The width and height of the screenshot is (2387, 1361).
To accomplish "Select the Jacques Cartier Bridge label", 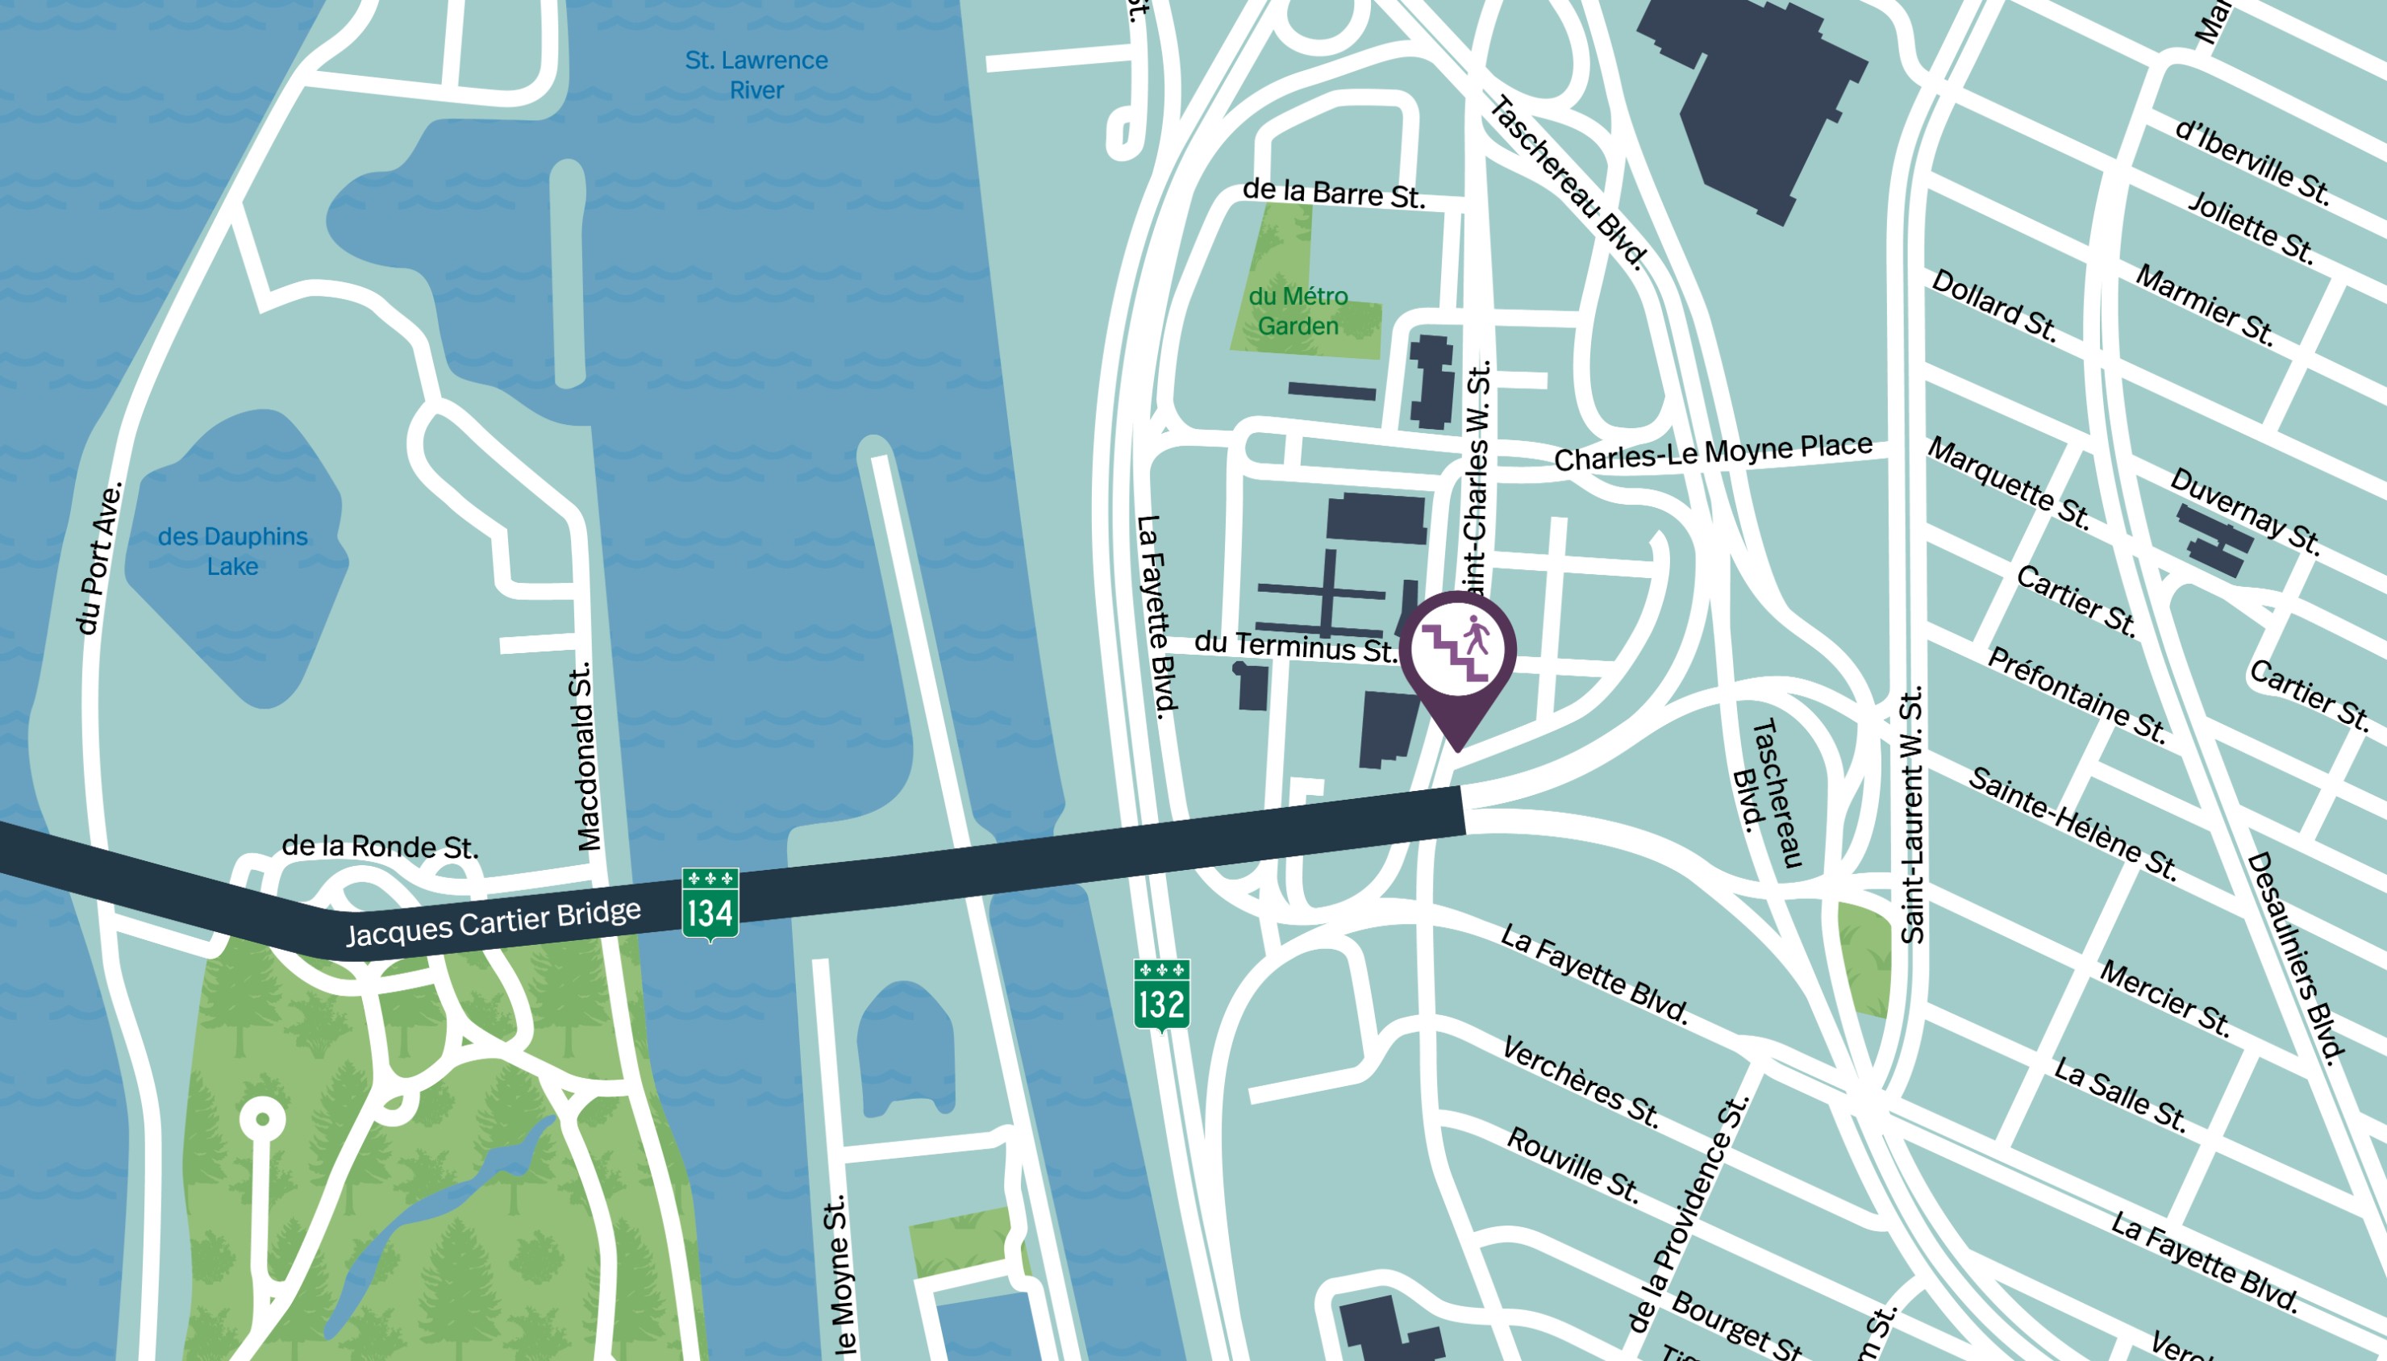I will click(494, 922).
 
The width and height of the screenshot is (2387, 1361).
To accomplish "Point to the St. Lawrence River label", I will click(756, 75).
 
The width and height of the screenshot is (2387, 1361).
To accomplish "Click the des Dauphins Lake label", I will click(233, 551).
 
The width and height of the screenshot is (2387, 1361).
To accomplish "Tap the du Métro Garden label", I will click(1298, 310).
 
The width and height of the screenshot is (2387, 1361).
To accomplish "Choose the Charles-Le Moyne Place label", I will click(1712, 452).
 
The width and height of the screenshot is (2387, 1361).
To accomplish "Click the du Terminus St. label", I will click(1295, 646).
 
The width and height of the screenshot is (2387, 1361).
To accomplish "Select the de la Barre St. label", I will click(1333, 194).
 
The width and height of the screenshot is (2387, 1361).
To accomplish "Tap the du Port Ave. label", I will click(99, 558).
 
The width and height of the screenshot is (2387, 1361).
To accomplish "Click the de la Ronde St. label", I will click(380, 846).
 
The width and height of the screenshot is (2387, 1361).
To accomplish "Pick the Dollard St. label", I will click(1993, 305).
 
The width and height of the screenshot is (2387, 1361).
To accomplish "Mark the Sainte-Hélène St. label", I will click(2072, 822).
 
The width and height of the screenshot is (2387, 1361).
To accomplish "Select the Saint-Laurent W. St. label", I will click(1912, 815).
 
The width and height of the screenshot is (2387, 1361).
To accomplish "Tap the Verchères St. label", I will click(1580, 1081).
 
